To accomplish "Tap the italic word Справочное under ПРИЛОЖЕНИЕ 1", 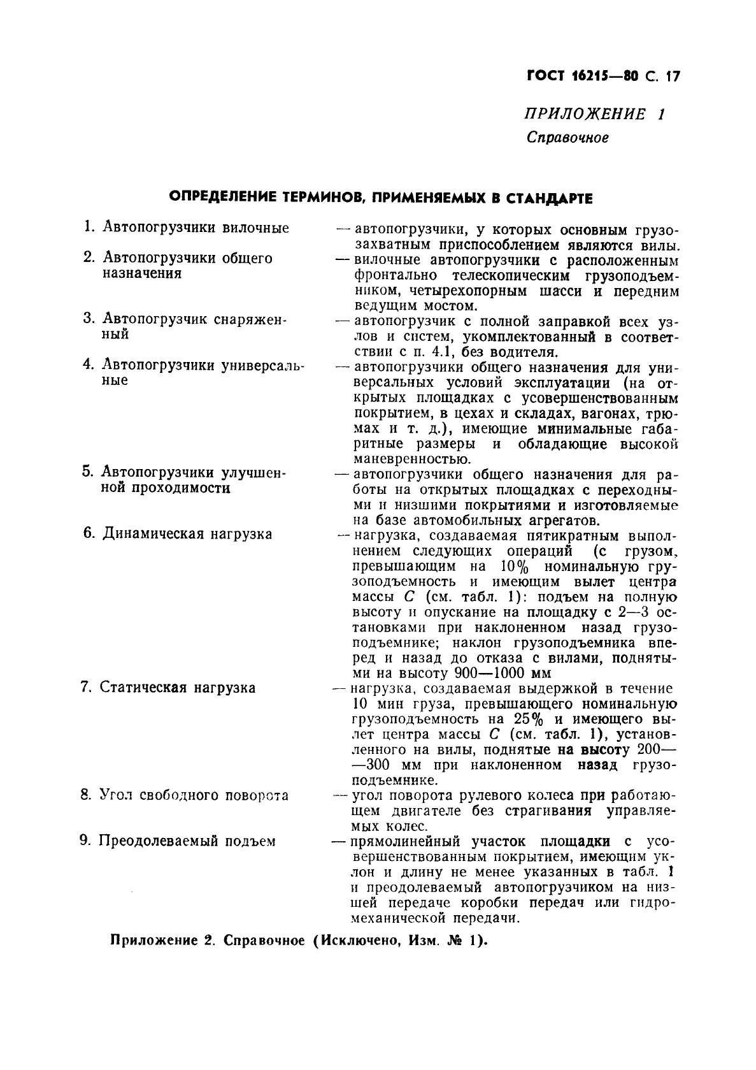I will pyautogui.click(x=567, y=137).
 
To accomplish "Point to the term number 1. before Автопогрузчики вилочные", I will pyautogui.click(x=89, y=228).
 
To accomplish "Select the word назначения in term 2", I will pyautogui.click(x=142, y=273).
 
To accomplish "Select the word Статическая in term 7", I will pyautogui.click(x=145, y=688).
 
